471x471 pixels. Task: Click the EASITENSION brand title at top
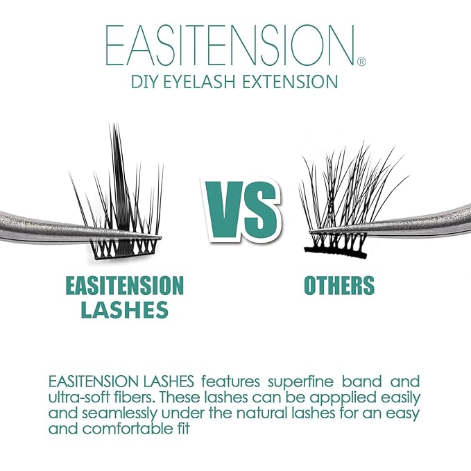[x=230, y=46]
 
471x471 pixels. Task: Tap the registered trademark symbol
[x=361, y=62]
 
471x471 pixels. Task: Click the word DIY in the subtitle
[x=147, y=82]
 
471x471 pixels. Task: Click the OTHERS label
[x=339, y=285]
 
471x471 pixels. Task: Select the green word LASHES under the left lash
[x=124, y=310]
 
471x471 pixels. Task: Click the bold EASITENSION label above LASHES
[x=124, y=285]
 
